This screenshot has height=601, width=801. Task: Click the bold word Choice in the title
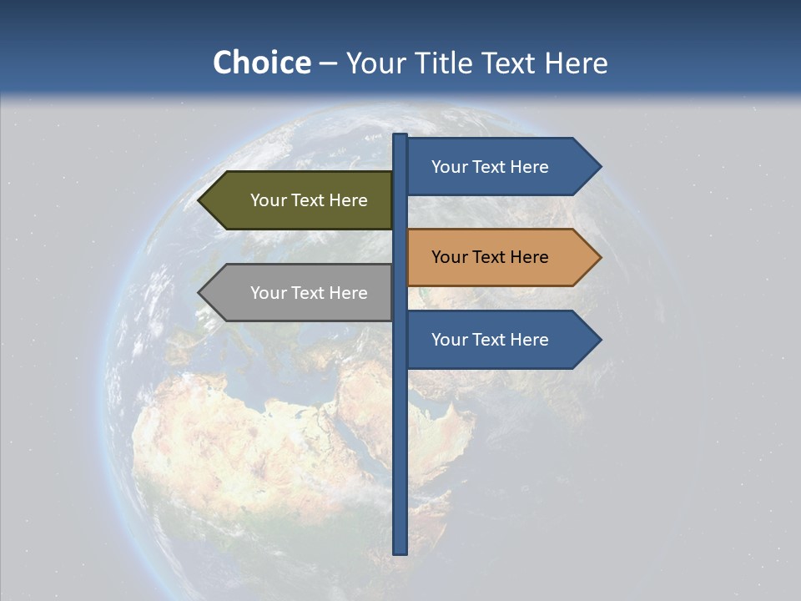(261, 63)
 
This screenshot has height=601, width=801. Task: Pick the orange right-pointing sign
(496, 257)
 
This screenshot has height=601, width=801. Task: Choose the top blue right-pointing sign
(496, 167)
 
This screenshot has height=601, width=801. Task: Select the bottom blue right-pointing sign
(496, 340)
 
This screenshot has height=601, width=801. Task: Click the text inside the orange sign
(490, 257)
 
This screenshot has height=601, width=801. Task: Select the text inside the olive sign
(309, 200)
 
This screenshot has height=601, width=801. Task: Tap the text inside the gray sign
(309, 293)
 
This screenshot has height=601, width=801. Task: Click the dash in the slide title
(328, 63)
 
